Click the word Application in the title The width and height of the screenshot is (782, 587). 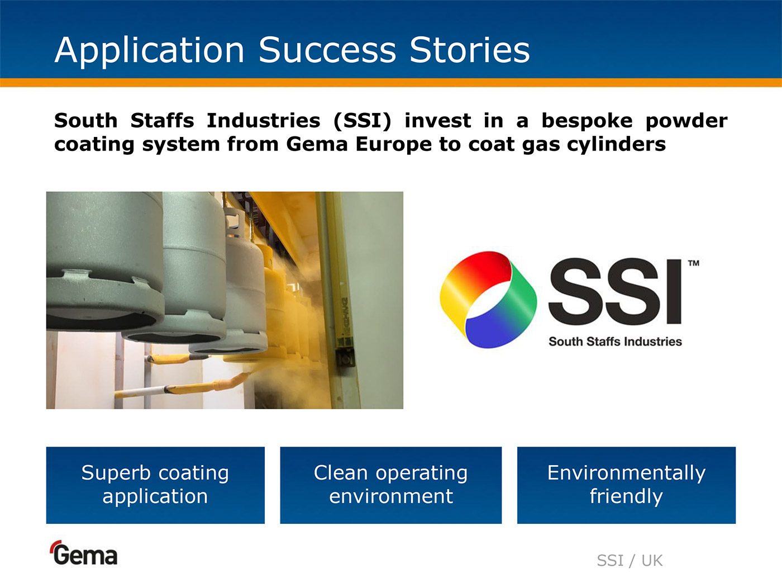pyautogui.click(x=149, y=51)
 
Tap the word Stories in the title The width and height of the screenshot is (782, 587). pyautogui.click(x=470, y=50)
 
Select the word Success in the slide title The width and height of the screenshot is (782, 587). pyautogui.click(x=327, y=50)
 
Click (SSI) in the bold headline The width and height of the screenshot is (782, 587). pyautogui.click(x=363, y=120)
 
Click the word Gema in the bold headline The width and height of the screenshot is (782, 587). pyautogui.click(x=317, y=144)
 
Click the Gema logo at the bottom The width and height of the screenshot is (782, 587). pyautogui.click(x=84, y=553)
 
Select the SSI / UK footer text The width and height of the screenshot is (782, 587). pyautogui.click(x=630, y=561)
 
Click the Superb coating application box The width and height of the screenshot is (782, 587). pyautogui.click(x=155, y=485)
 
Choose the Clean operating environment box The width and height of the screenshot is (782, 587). pyautogui.click(x=391, y=485)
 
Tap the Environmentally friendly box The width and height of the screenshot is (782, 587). pyautogui.click(x=626, y=485)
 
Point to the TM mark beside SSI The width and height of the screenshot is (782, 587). pyautogui.click(x=693, y=263)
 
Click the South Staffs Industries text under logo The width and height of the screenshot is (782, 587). pyautogui.click(x=615, y=342)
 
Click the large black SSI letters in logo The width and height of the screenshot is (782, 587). pyautogui.click(x=615, y=292)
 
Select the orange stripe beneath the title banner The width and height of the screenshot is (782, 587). pyautogui.click(x=391, y=83)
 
